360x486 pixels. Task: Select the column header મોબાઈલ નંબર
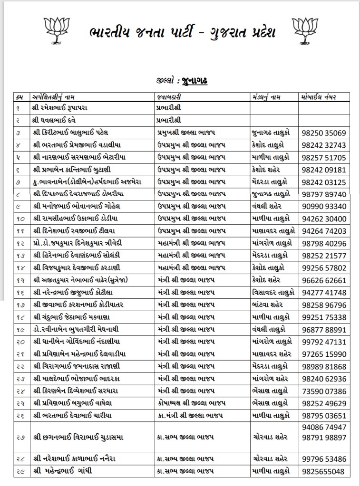point(318,97)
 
